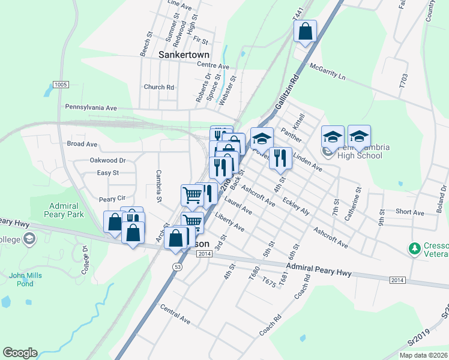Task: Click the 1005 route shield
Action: click(x=60, y=85)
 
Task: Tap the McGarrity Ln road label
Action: click(x=328, y=72)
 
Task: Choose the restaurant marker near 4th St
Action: click(x=280, y=159)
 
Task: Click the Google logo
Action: click(x=20, y=353)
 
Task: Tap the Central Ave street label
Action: click(x=175, y=314)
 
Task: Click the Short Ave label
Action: click(x=410, y=212)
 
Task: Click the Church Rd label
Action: click(x=158, y=87)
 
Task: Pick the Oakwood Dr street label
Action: click(x=107, y=160)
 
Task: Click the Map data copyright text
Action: click(x=423, y=355)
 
